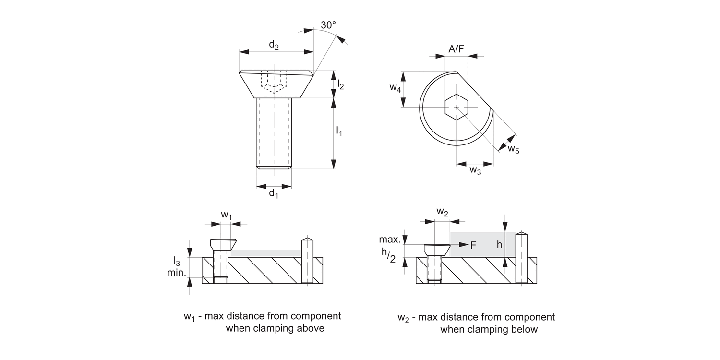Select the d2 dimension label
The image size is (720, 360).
click(274, 45)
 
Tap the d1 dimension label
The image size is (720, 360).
click(274, 193)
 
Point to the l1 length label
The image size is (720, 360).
click(339, 131)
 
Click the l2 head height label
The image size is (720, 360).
click(341, 85)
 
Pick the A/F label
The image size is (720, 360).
click(456, 48)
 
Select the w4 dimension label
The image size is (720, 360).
click(395, 88)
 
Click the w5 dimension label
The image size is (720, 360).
click(514, 149)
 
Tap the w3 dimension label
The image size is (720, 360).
click(475, 170)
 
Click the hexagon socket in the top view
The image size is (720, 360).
click(456, 106)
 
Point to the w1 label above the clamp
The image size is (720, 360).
click(227, 216)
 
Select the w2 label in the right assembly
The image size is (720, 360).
click(443, 212)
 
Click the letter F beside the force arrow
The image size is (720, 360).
click(473, 245)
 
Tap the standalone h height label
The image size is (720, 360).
click(499, 244)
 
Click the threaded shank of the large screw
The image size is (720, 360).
click(274, 132)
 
